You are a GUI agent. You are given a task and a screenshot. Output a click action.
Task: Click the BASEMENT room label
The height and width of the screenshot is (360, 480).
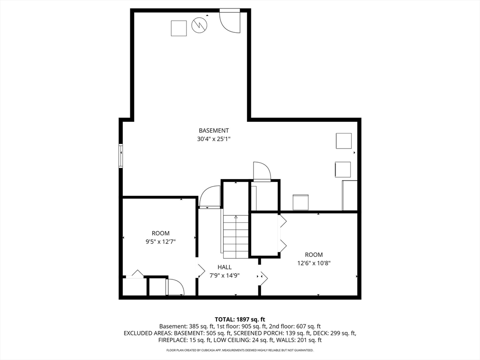point(214,130)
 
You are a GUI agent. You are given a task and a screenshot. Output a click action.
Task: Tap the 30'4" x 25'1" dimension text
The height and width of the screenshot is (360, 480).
point(214,139)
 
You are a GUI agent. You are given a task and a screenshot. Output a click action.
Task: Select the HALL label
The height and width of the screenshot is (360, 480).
point(225,267)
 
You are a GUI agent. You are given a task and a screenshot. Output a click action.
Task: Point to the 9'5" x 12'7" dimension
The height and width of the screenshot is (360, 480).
point(161,242)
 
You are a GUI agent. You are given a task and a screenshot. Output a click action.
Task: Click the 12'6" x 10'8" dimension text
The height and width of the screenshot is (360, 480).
point(314,263)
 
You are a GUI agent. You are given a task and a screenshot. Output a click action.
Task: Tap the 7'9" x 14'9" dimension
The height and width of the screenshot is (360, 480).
point(225,276)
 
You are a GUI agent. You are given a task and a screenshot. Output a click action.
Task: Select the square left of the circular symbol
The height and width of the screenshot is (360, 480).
point(179,29)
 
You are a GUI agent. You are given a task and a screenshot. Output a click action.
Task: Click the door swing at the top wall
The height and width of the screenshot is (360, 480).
point(230,21)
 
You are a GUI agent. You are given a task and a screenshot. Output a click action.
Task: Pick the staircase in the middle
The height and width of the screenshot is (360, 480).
point(235,236)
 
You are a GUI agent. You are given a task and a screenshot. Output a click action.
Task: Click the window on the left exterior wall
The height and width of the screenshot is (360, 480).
point(121,156)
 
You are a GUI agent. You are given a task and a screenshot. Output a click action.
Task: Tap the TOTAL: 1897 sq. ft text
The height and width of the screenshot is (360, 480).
point(240,320)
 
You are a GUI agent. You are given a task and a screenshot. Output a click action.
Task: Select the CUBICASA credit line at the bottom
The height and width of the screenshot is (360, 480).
point(240,350)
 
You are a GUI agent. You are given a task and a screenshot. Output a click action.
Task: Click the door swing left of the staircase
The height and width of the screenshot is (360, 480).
point(210,197)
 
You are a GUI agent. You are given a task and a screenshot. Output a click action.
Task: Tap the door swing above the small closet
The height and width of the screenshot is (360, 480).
point(262,172)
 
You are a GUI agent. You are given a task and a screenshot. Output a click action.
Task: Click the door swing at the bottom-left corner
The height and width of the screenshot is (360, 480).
point(175,287)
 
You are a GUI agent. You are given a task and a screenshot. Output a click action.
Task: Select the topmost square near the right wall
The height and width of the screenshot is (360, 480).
point(344,141)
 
